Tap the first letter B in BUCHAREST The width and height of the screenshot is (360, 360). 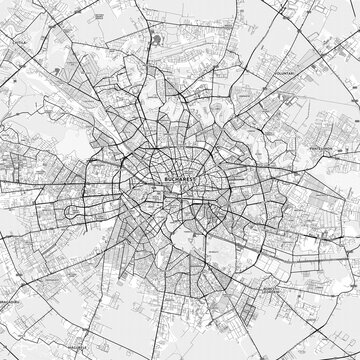[x=162, y=180]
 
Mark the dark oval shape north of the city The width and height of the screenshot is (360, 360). [x=160, y=41]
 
